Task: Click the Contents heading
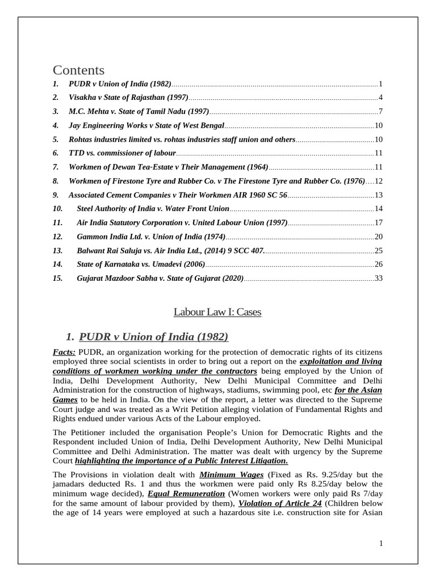click(x=79, y=70)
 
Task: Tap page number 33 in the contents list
click(x=379, y=279)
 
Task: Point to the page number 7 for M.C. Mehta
click(x=381, y=111)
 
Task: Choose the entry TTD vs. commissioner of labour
click(x=122, y=153)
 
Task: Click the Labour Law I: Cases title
click(x=217, y=312)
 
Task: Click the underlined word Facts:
click(x=64, y=353)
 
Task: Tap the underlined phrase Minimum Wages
click(x=231, y=474)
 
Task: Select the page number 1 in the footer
click(x=381, y=544)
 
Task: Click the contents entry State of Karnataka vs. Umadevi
click(x=140, y=264)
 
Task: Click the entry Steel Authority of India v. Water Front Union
click(x=153, y=209)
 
